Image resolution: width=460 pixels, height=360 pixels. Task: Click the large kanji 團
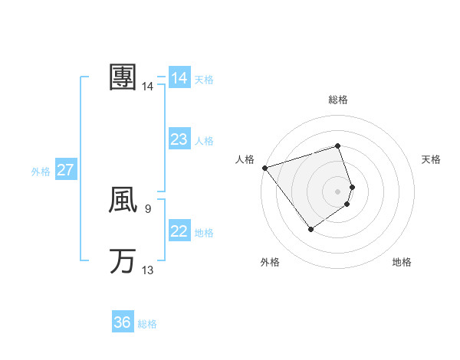[x=123, y=77]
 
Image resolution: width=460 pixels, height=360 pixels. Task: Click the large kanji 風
[x=123, y=200]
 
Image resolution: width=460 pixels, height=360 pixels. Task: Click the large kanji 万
[x=123, y=261]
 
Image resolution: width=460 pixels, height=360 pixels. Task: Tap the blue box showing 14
[x=179, y=78]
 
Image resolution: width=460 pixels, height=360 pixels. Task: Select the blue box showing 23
[x=179, y=139]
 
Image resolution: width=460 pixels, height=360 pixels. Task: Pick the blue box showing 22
[x=179, y=231]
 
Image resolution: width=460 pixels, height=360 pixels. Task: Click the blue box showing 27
[x=65, y=170]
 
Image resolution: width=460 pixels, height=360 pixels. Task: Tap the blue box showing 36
[x=123, y=322]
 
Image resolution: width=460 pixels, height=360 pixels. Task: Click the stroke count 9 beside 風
[x=147, y=208]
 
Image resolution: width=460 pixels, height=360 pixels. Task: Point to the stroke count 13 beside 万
[x=148, y=270]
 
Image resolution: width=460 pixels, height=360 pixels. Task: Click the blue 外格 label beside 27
[x=41, y=172]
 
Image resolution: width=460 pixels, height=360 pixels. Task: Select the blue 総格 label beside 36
[x=147, y=324]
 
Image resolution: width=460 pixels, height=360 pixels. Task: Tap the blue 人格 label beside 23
[x=204, y=141]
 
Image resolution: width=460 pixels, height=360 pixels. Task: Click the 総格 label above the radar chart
[x=337, y=100]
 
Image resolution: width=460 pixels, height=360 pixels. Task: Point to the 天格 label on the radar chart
[x=431, y=159]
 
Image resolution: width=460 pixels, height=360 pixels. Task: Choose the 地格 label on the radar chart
[x=402, y=262]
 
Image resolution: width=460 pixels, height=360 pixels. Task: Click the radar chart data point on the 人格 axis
[x=264, y=167]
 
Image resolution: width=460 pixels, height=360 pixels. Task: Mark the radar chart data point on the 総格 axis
[x=337, y=146]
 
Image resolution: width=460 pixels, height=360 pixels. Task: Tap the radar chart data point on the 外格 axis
[x=310, y=228]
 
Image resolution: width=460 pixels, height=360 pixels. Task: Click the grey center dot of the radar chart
[x=337, y=191]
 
